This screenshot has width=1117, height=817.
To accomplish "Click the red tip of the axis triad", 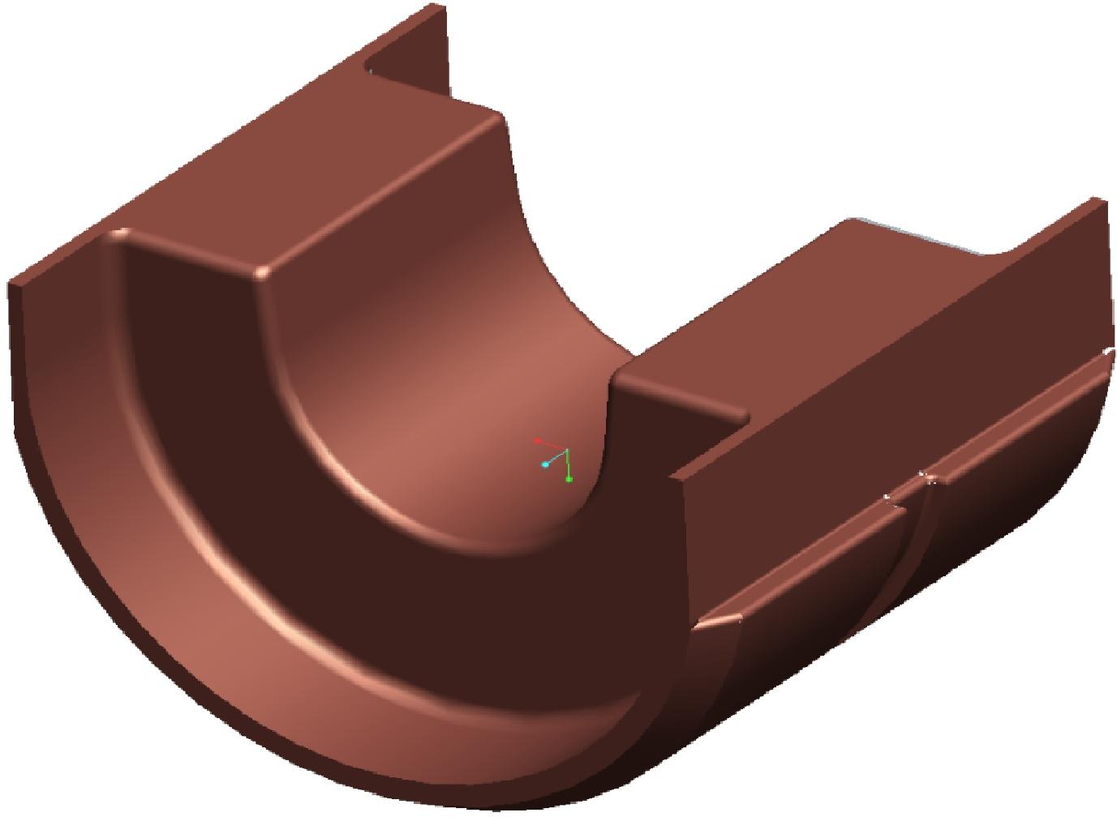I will [x=537, y=440].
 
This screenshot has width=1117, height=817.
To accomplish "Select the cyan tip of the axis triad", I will [x=545, y=464].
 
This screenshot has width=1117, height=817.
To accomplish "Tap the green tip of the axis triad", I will [x=569, y=480].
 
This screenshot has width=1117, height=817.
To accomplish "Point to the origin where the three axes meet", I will [x=566, y=450].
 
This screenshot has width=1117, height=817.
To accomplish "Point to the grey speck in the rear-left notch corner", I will [x=370, y=71].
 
